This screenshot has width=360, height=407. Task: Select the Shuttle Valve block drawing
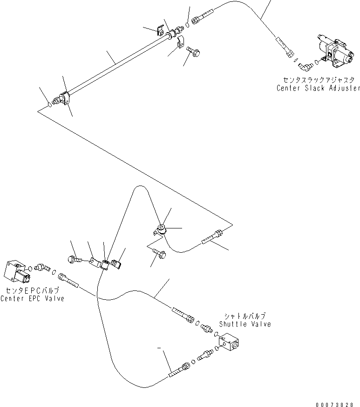(229, 342)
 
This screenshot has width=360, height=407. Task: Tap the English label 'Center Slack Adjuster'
(318, 88)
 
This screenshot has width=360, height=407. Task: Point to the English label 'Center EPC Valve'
(33, 298)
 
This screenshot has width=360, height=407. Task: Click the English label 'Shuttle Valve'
(245, 324)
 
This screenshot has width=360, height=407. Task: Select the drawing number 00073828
(334, 404)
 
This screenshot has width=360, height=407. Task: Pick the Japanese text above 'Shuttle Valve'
(245, 316)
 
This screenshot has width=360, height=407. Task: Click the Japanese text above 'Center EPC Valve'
(33, 290)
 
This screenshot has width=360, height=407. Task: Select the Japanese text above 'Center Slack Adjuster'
(319, 80)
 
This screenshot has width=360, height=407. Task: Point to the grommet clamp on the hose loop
(160, 230)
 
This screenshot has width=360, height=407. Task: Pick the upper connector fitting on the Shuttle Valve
(207, 328)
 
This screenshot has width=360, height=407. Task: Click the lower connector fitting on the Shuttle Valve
(205, 355)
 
